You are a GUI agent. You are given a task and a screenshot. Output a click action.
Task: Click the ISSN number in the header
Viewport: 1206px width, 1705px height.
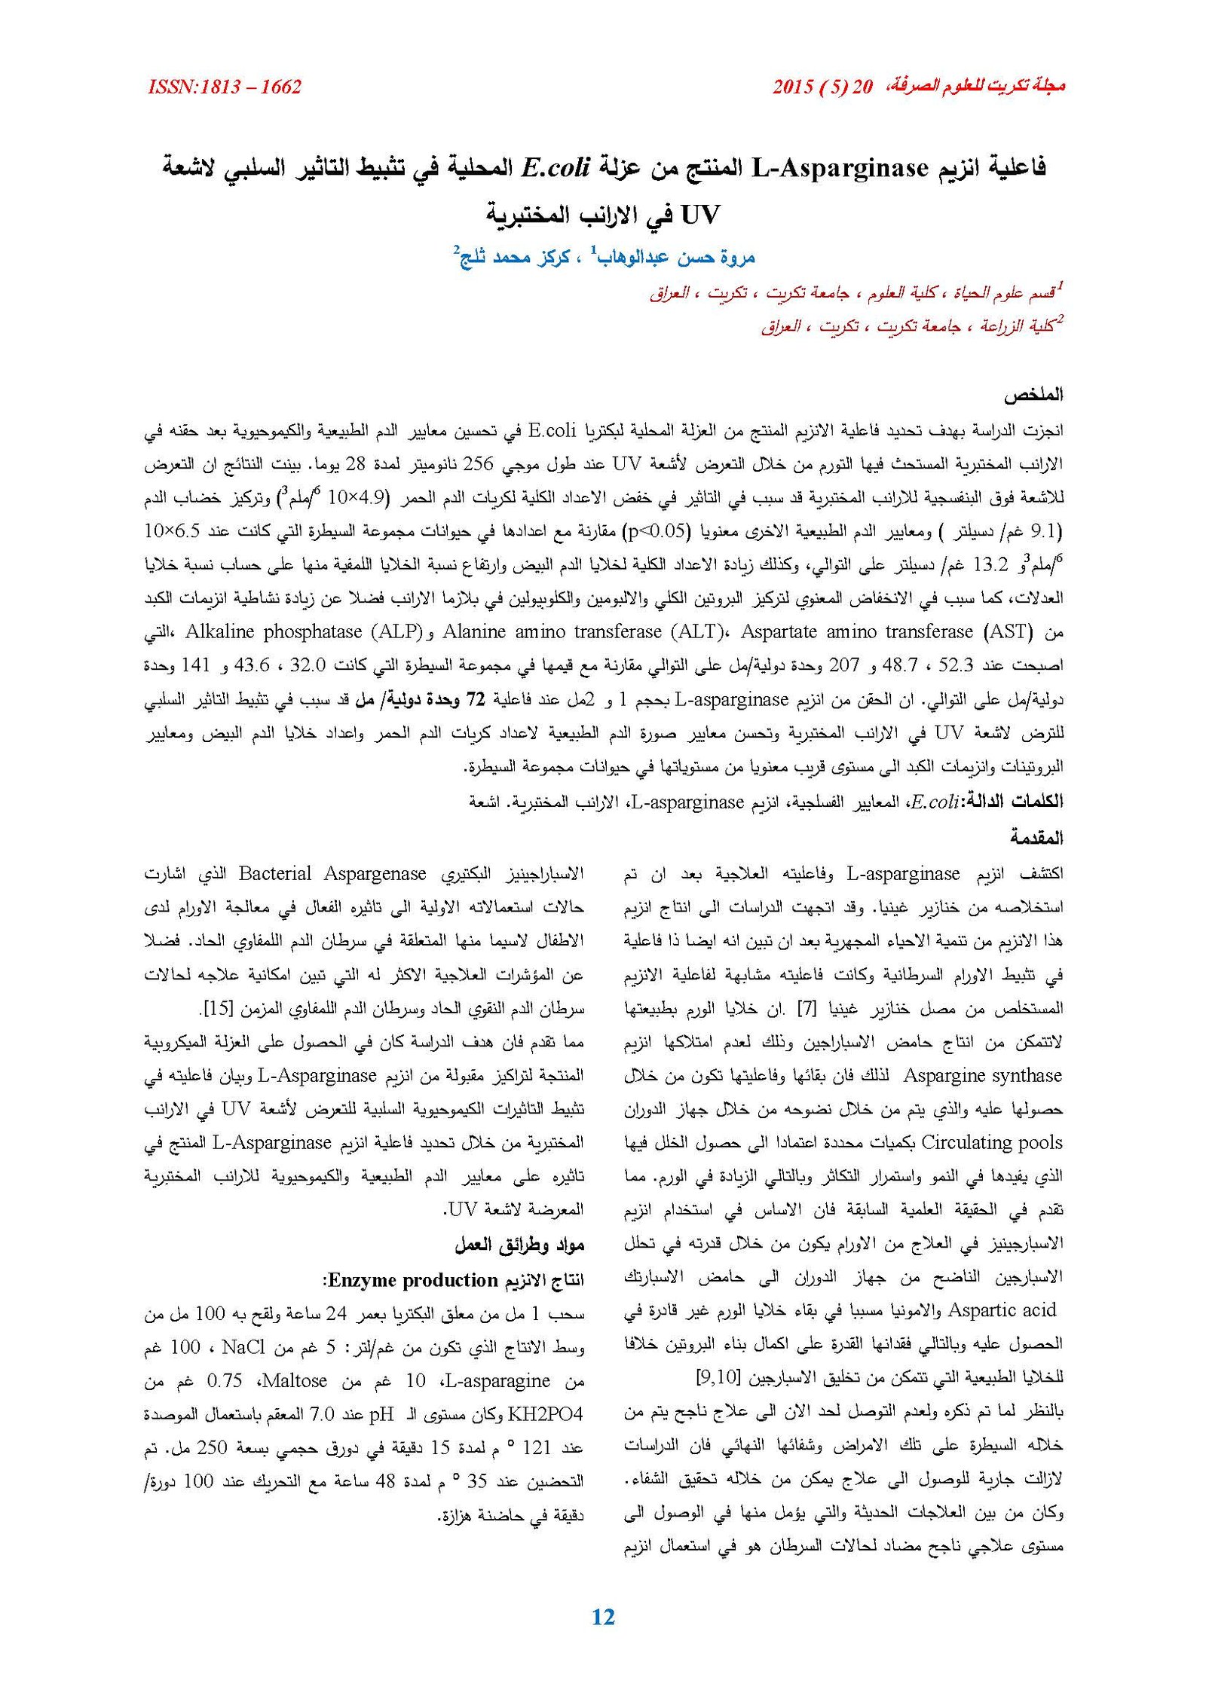225,87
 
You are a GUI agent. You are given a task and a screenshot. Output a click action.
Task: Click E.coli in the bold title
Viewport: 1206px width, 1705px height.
554,167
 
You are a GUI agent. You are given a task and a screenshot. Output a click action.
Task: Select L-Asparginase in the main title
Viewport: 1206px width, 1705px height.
840,168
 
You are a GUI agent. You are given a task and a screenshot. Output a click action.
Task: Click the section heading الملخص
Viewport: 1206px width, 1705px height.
1032,395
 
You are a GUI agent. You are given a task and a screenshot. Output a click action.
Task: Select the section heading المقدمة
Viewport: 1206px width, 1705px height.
1036,837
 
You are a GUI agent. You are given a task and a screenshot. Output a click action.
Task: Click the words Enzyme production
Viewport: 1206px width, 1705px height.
413,1280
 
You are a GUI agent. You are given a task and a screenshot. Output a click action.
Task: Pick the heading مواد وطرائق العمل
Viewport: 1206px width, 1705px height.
519,1245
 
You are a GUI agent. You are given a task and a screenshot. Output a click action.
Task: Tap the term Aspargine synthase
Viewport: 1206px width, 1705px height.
982,1076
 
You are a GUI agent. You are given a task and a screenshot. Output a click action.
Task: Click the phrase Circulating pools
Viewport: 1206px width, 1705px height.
991,1143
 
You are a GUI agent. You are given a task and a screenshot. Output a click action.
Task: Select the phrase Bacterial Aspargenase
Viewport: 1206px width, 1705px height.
332,874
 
